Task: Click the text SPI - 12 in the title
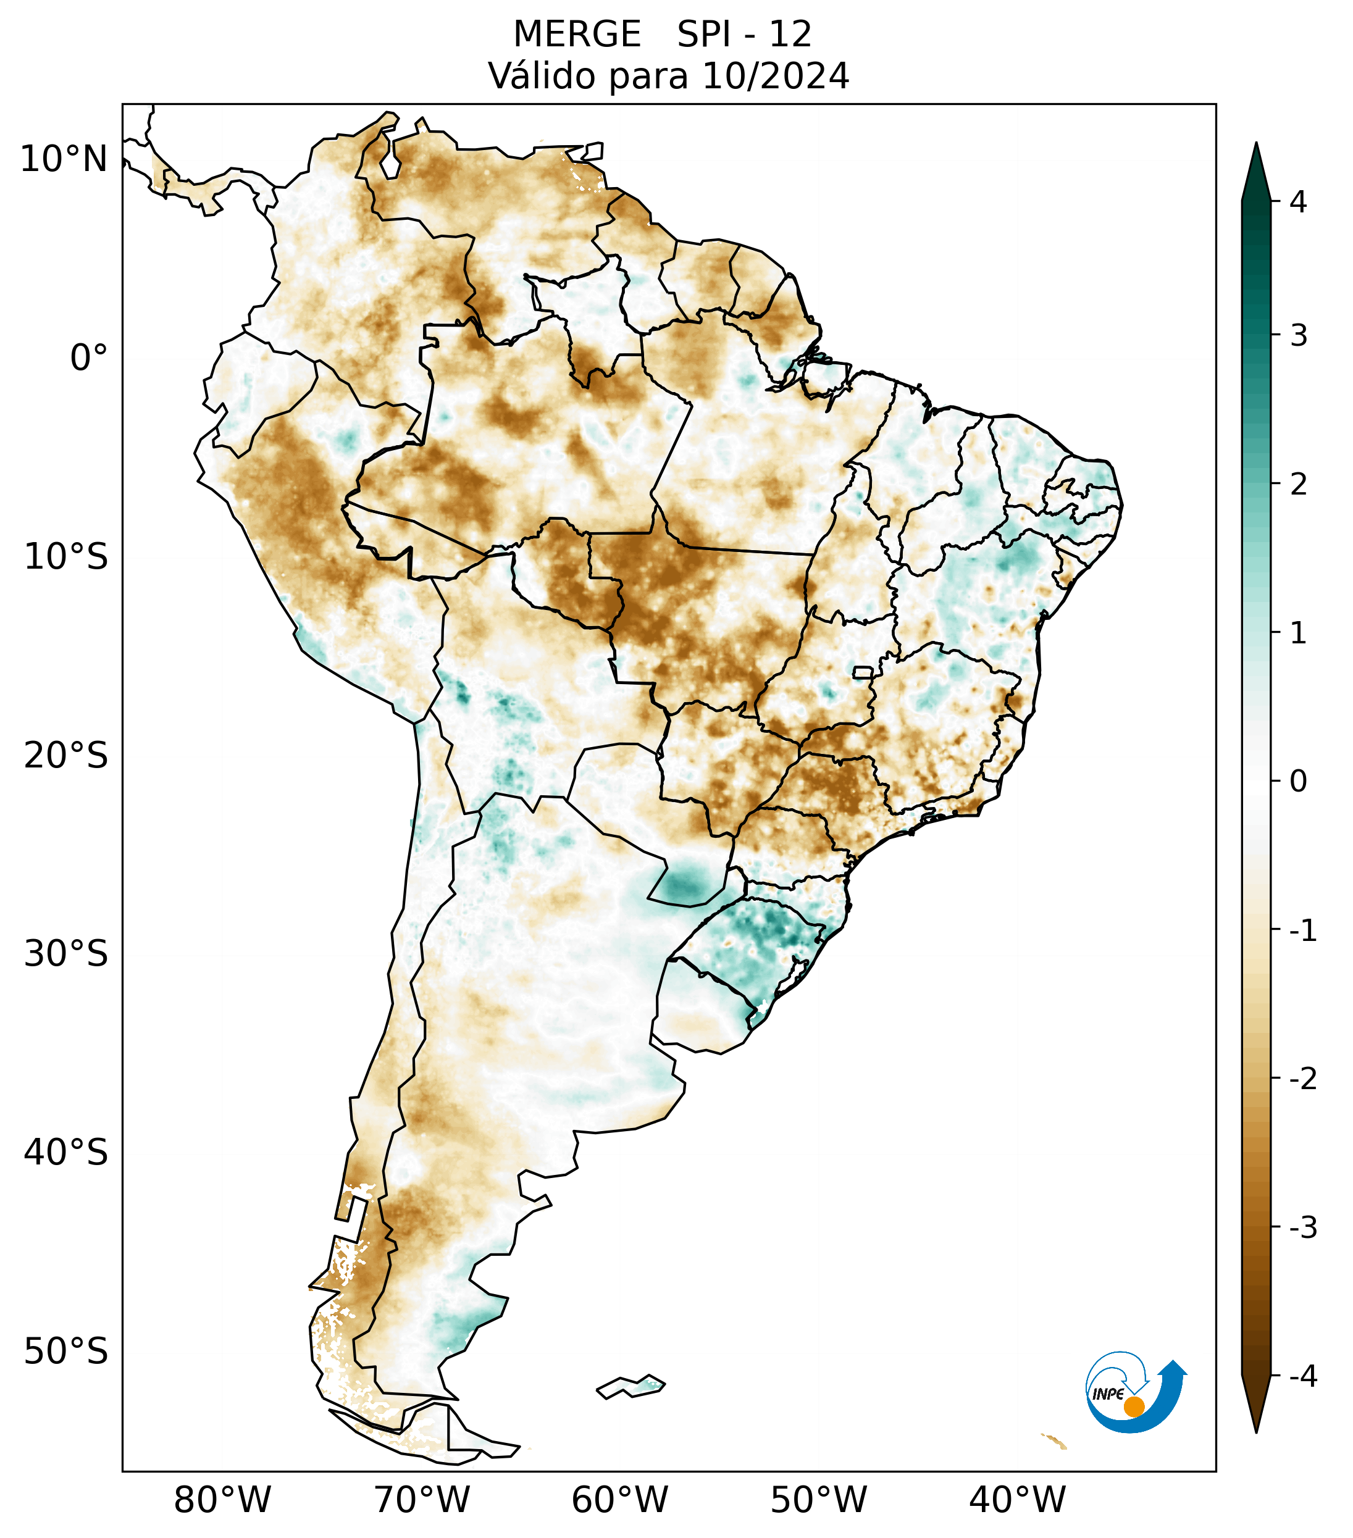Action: [x=744, y=35]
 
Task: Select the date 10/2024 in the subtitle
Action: [x=775, y=76]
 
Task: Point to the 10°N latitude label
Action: [x=64, y=159]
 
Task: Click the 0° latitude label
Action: [x=89, y=358]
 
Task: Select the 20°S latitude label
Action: [x=66, y=756]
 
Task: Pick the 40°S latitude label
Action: [x=66, y=1153]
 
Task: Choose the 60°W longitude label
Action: [x=619, y=1500]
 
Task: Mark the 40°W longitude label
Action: [x=1016, y=1500]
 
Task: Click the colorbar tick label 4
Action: [x=1298, y=202]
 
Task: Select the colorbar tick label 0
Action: [x=1298, y=782]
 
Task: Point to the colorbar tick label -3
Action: [x=1302, y=1228]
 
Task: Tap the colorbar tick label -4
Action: [x=1302, y=1377]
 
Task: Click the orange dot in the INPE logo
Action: [x=1133, y=1406]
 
